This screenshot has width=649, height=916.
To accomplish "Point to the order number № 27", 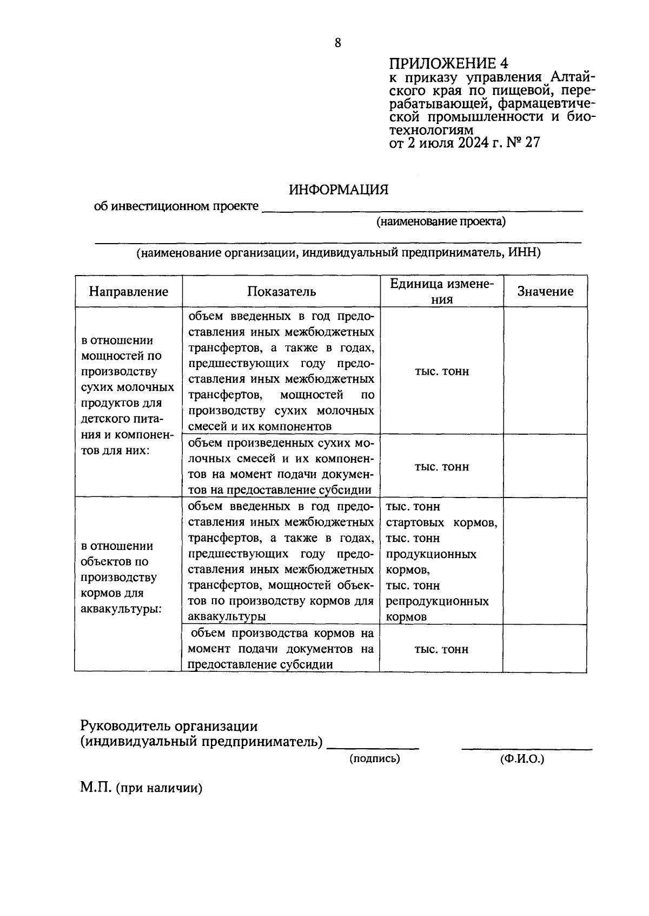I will click(x=524, y=143).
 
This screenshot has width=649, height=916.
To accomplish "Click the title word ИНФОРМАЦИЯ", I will click(x=339, y=190).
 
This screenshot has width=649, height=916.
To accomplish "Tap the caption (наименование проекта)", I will click(x=441, y=221).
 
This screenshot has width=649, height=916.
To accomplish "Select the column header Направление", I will click(x=129, y=292).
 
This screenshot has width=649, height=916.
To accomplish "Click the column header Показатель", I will click(x=281, y=292).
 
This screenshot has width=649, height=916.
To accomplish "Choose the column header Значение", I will click(x=545, y=292).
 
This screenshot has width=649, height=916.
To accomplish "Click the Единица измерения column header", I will click(x=442, y=292).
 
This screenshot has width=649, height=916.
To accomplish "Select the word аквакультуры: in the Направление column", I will click(x=121, y=609).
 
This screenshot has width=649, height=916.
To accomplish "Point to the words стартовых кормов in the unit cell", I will click(x=441, y=523).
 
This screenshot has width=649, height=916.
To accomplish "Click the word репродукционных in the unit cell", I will click(x=437, y=601).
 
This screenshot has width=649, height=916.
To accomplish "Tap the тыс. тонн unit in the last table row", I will click(x=441, y=649).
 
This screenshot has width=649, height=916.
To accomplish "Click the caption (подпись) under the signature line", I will click(x=374, y=759).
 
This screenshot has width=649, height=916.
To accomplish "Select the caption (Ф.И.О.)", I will click(x=522, y=759).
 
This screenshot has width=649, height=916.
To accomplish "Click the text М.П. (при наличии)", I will click(x=142, y=788).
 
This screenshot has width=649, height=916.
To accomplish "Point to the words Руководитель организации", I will click(x=169, y=726).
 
